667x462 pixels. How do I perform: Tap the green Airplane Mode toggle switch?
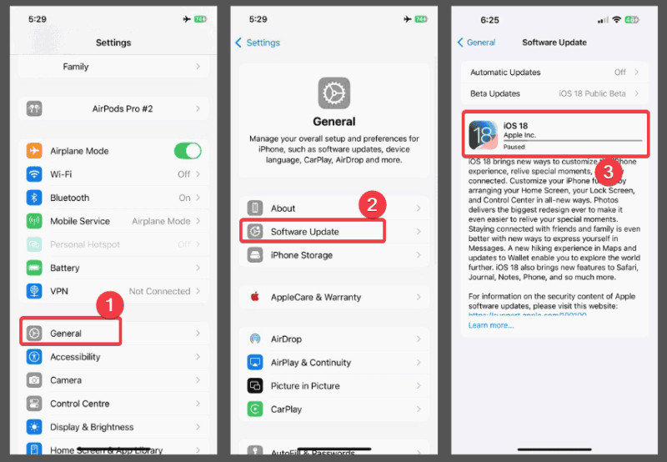187,151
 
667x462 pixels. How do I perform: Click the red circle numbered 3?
609,173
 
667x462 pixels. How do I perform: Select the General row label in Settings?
66,334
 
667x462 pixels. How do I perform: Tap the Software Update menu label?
304,232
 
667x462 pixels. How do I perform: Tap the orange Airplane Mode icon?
34,151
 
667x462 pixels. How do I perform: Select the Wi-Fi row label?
61,174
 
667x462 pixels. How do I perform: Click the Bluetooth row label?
69,198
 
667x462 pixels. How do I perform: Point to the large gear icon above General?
333,93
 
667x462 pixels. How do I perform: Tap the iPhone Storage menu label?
301,255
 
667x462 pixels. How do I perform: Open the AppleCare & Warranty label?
316,297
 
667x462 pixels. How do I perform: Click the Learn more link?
490,325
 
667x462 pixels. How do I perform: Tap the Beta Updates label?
495,93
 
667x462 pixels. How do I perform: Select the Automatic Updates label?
505,73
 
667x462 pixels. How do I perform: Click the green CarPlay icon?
255,409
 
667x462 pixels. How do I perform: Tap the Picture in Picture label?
305,386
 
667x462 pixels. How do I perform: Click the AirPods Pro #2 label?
123,108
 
